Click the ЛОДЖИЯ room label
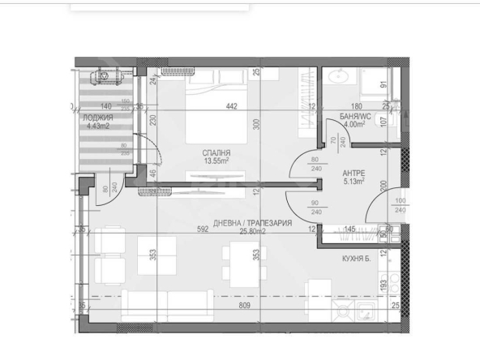(x=98, y=118)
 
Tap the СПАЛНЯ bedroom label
(x=216, y=152)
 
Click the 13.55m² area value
(x=216, y=161)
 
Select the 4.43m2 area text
(x=98, y=126)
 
